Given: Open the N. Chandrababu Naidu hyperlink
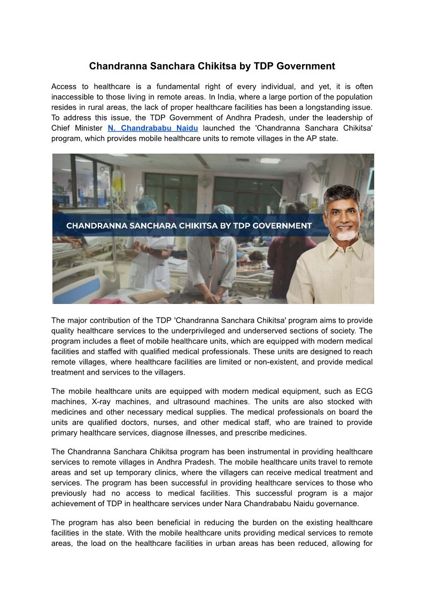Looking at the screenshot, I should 153,128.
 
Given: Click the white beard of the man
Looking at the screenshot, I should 346,234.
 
